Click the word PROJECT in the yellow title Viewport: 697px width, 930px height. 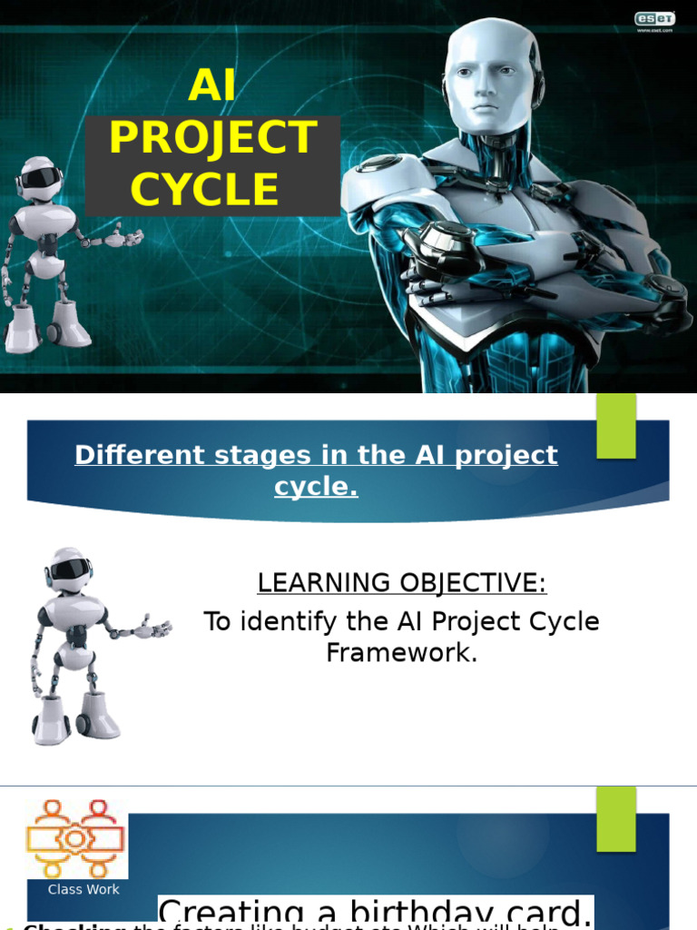pos(212,138)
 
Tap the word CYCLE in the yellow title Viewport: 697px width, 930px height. pos(204,189)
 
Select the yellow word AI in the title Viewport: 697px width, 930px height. pos(211,86)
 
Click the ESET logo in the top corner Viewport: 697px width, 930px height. pos(653,18)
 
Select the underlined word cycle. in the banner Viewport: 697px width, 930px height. pos(316,487)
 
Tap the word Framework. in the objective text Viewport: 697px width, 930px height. pos(401,652)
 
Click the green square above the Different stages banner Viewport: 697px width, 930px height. pos(616,425)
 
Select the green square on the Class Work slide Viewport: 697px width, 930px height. pos(616,818)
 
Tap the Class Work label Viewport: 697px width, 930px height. pos(83,890)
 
